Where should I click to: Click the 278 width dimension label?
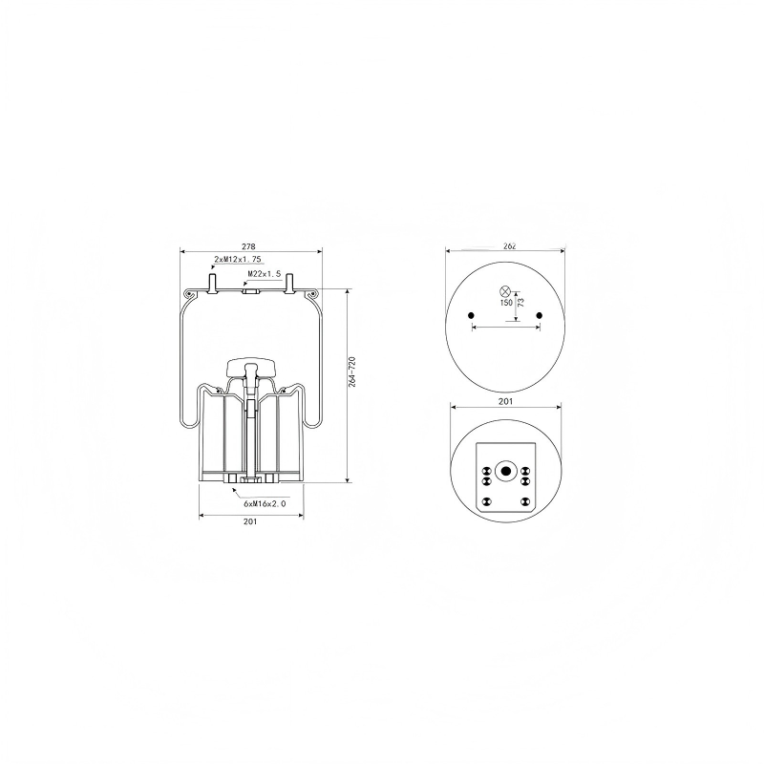tap(248, 246)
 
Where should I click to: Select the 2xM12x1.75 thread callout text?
tap(238, 259)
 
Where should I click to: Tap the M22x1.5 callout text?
tap(265, 274)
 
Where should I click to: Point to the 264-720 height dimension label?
tap(352, 372)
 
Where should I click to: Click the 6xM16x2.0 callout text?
tap(265, 503)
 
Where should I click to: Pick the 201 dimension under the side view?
tap(250, 521)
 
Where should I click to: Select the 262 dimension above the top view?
tap(509, 246)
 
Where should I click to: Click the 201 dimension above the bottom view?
tap(506, 401)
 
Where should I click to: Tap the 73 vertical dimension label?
tap(520, 303)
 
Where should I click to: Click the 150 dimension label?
tap(506, 303)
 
